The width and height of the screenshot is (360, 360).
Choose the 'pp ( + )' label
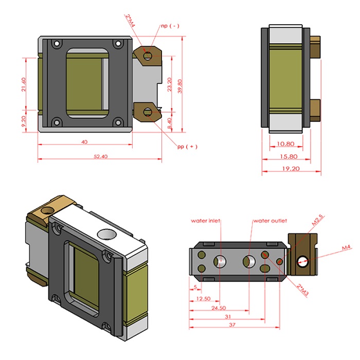click(187, 147)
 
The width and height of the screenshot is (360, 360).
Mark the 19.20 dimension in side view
click(292, 169)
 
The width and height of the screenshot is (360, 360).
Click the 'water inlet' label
click(206, 221)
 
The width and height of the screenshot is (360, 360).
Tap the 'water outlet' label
click(269, 221)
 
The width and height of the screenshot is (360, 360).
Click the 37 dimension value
click(234, 325)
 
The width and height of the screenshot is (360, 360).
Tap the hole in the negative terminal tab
click(148, 56)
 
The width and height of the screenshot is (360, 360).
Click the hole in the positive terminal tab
click(148, 112)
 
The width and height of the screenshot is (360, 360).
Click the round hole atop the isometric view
click(107, 234)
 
